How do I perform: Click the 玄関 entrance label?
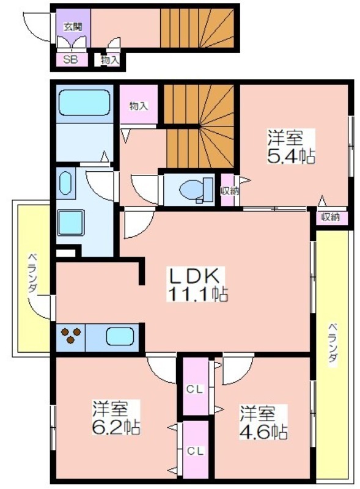[73, 27]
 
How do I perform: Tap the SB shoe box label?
[70, 59]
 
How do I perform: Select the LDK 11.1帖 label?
[197, 284]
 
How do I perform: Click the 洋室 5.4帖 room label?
[291, 147]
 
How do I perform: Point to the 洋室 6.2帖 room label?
[116, 417]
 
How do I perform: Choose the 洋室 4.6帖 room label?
[263, 422]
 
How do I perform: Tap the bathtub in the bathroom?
[84, 103]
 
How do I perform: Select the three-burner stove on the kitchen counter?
[70, 336]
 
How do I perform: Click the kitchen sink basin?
[120, 336]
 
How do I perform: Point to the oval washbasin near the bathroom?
[65, 183]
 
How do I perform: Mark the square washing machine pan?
[71, 222]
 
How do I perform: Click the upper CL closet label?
[195, 389]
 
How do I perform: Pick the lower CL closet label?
[195, 450]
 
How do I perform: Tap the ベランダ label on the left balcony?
[32, 273]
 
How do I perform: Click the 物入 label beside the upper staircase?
[138, 106]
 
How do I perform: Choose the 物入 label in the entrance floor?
[110, 61]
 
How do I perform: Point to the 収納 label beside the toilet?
[229, 191]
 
